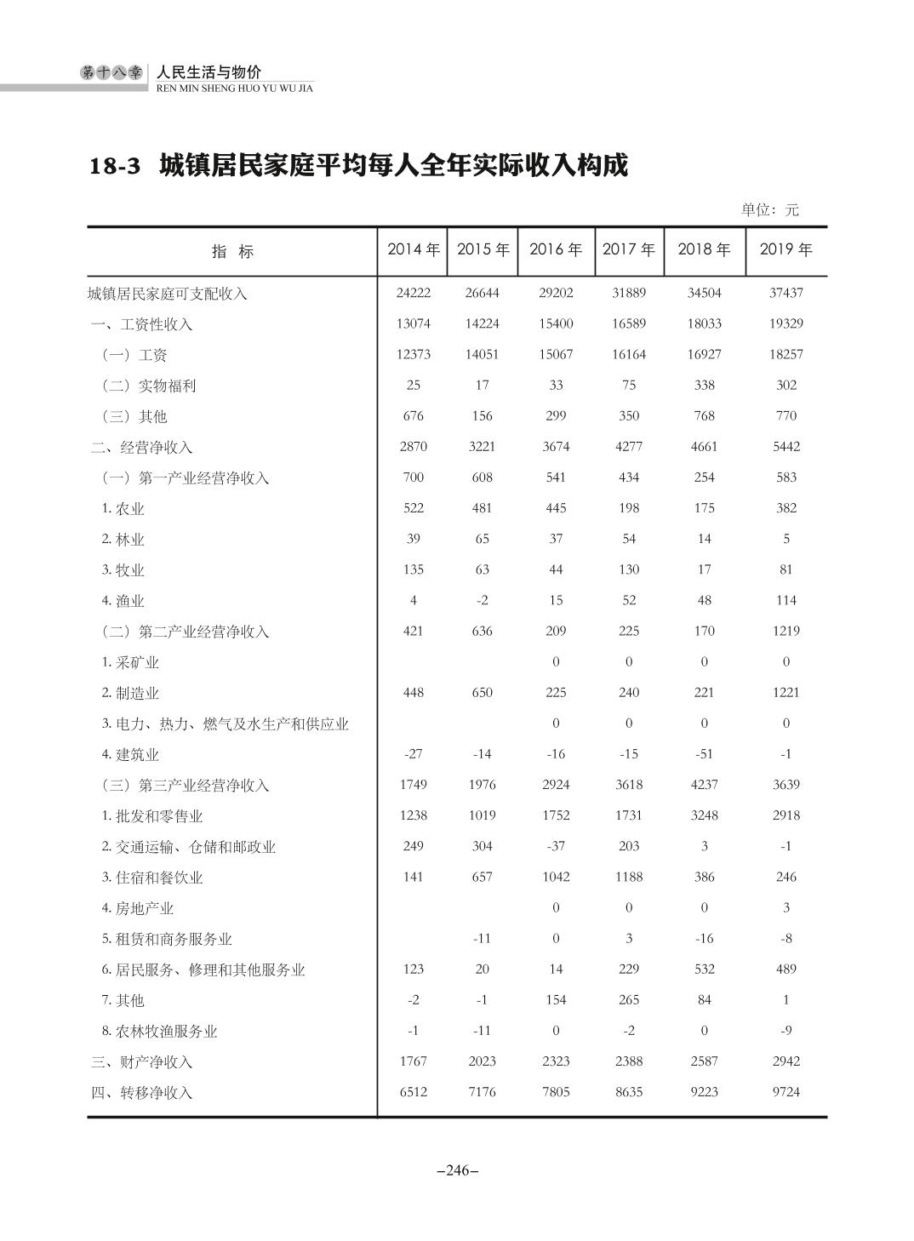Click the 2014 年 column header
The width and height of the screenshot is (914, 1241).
[x=414, y=249]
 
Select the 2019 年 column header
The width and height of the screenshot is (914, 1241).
[x=785, y=249]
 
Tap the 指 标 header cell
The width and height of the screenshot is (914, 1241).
[x=232, y=251]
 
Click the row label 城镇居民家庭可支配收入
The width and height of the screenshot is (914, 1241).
[x=168, y=294]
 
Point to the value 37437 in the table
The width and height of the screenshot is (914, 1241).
[x=785, y=293]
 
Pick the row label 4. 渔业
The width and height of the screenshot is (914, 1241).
[x=123, y=601]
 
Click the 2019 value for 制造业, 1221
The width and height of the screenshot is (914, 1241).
[x=785, y=693]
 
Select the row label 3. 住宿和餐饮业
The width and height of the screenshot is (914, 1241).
[x=152, y=878]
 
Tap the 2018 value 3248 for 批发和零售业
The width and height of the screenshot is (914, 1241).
[x=704, y=815]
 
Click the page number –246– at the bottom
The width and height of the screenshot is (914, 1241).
[x=457, y=1170]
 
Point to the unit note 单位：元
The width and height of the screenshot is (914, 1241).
[x=769, y=209]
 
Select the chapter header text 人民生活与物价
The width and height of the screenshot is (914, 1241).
[x=209, y=71]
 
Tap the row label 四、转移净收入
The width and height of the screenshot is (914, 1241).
[x=142, y=1093]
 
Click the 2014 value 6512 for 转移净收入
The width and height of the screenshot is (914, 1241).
[x=413, y=1092]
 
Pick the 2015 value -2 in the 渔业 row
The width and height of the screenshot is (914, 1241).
[x=482, y=600]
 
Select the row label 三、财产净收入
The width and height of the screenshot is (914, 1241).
[x=142, y=1062]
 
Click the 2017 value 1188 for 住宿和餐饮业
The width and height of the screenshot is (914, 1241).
[x=629, y=877]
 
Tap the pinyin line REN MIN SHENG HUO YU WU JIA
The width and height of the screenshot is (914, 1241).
[x=235, y=88]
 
